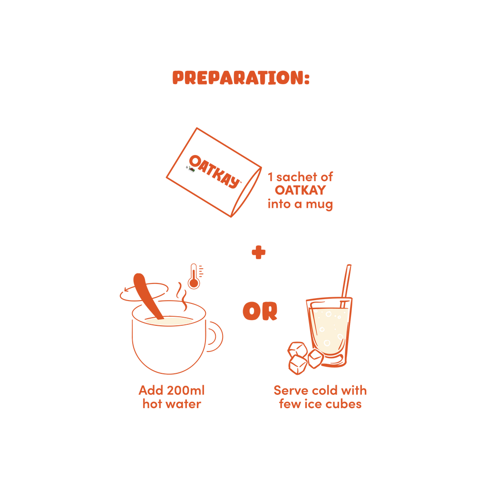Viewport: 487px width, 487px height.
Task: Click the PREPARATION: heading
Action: coord(241,78)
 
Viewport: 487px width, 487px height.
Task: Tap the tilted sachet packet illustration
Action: coord(214,172)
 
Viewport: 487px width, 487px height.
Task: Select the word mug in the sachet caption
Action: coord(321,205)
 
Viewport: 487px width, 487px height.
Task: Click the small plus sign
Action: coord(258,253)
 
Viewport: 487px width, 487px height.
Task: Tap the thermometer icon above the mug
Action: coord(195,276)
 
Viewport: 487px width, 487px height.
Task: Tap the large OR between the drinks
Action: coord(259,312)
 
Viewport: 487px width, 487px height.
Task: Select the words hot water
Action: coord(171,405)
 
